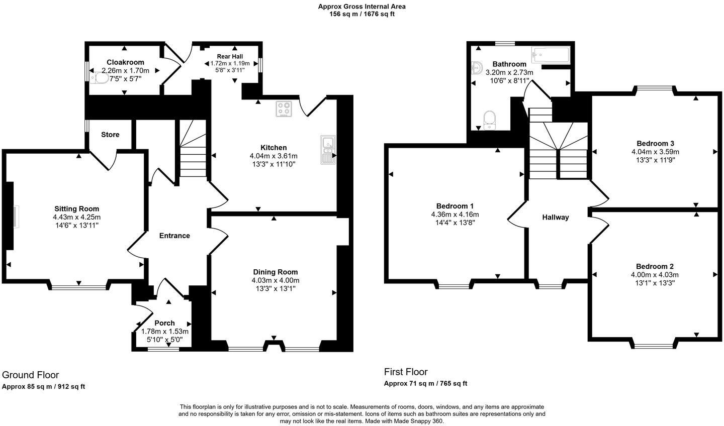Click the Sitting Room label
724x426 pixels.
tap(77, 208)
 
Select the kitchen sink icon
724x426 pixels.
tap(328, 149)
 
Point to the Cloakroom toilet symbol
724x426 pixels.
tap(101, 79)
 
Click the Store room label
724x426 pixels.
tap(110, 135)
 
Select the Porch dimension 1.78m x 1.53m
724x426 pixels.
tap(165, 332)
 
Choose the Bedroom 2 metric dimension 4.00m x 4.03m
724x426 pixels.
tap(655, 275)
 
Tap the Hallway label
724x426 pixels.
tap(556, 217)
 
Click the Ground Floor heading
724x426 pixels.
tap(31, 375)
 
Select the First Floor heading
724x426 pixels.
tap(406, 372)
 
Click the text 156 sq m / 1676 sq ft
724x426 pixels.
tap(362, 14)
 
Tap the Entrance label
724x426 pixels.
tap(174, 236)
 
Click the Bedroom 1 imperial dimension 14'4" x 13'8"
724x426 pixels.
tap(455, 223)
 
